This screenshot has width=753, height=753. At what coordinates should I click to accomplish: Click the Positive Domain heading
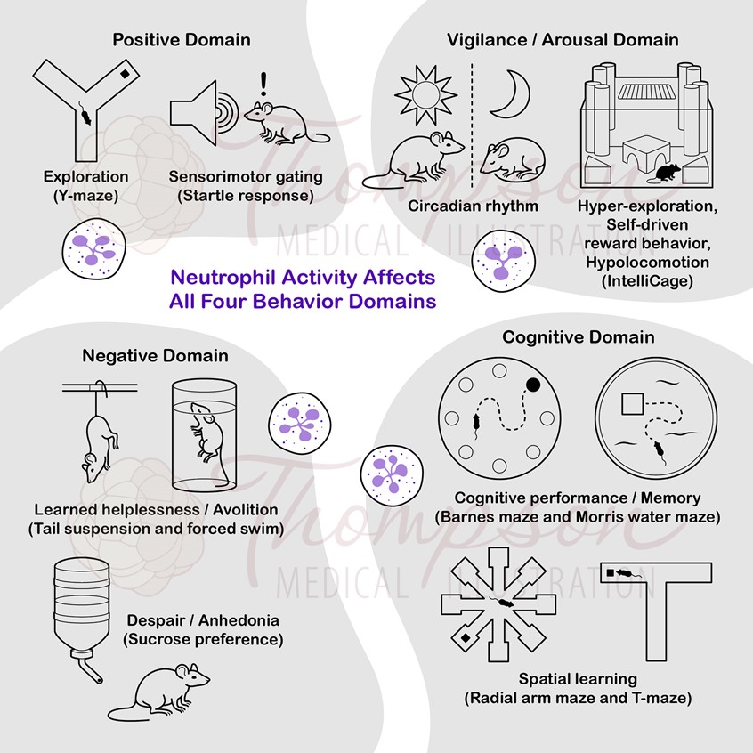click(182, 40)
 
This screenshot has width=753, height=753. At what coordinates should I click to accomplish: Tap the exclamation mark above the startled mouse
click(263, 84)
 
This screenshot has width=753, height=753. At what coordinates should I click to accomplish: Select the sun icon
click(425, 95)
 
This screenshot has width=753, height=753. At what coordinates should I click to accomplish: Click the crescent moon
click(511, 94)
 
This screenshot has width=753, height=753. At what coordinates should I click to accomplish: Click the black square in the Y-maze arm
click(125, 74)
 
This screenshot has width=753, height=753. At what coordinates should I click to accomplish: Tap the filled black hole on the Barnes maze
click(533, 385)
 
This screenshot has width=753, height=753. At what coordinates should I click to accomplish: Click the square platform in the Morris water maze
click(633, 404)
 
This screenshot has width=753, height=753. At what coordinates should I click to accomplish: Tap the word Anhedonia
click(239, 620)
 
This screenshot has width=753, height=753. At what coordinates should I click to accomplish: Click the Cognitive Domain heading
click(579, 337)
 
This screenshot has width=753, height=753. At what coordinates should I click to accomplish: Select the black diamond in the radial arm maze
click(465, 638)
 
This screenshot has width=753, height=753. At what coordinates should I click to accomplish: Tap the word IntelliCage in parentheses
click(647, 281)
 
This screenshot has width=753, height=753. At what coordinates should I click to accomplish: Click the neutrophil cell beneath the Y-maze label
click(93, 248)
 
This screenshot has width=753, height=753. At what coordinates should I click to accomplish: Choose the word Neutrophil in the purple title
click(223, 277)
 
